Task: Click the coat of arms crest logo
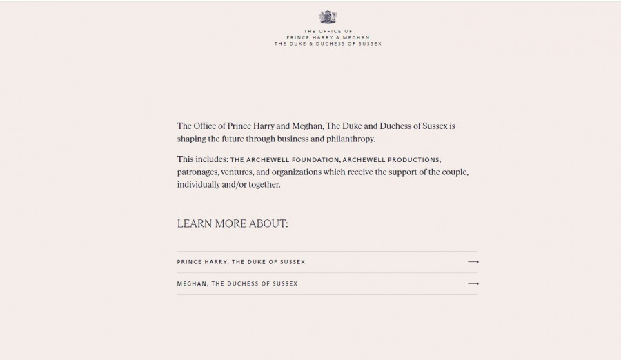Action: pos(327,17)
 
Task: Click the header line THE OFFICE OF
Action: pos(328,31)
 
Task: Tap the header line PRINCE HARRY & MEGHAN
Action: pos(328,37)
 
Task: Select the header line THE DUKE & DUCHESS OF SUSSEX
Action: pos(328,43)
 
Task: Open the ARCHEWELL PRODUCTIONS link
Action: pos(391,160)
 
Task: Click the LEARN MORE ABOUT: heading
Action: pos(233,223)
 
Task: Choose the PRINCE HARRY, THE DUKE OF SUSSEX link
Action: pos(241,262)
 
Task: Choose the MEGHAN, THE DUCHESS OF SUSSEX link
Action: pos(237,283)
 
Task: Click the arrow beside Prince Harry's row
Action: pos(473,262)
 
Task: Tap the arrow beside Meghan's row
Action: pos(473,283)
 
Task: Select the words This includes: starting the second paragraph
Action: pos(202,159)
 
